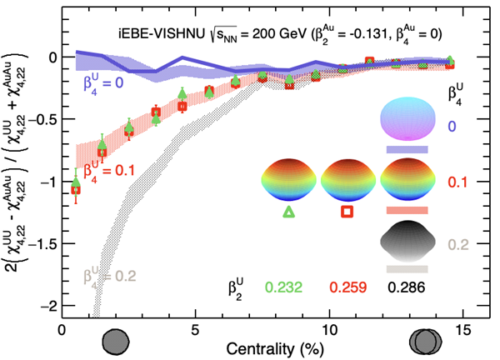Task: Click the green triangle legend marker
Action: [x=288, y=212]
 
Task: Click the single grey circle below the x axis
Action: [x=116, y=341]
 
